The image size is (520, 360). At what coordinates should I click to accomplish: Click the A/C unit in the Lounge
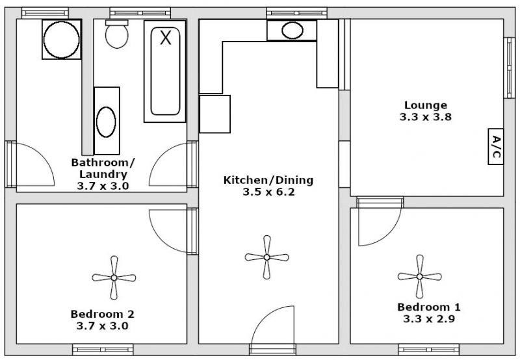click(x=496, y=146)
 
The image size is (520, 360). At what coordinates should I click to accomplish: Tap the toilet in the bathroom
click(x=117, y=34)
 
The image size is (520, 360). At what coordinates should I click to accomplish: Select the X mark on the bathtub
click(x=166, y=37)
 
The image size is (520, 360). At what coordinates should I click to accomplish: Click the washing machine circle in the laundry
click(x=62, y=40)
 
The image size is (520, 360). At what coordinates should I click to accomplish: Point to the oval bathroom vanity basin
click(x=106, y=122)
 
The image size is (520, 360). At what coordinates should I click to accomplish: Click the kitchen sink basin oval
click(x=292, y=31)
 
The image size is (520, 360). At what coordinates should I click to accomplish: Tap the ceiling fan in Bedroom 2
click(x=114, y=277)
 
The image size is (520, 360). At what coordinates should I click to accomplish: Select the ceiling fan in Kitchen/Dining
click(x=266, y=257)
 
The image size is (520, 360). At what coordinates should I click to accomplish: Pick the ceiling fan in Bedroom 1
click(x=419, y=276)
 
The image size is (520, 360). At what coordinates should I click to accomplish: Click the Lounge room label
click(x=426, y=105)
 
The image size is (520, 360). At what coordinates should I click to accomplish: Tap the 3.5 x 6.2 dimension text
click(x=268, y=192)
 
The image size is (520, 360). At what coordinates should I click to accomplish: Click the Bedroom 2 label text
click(x=103, y=314)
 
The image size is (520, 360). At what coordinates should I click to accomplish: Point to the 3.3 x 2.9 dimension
click(x=429, y=319)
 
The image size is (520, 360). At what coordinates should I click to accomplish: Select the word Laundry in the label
click(x=103, y=174)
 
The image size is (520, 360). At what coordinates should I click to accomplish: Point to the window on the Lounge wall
click(x=509, y=68)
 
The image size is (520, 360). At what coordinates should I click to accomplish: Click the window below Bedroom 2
click(x=103, y=350)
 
